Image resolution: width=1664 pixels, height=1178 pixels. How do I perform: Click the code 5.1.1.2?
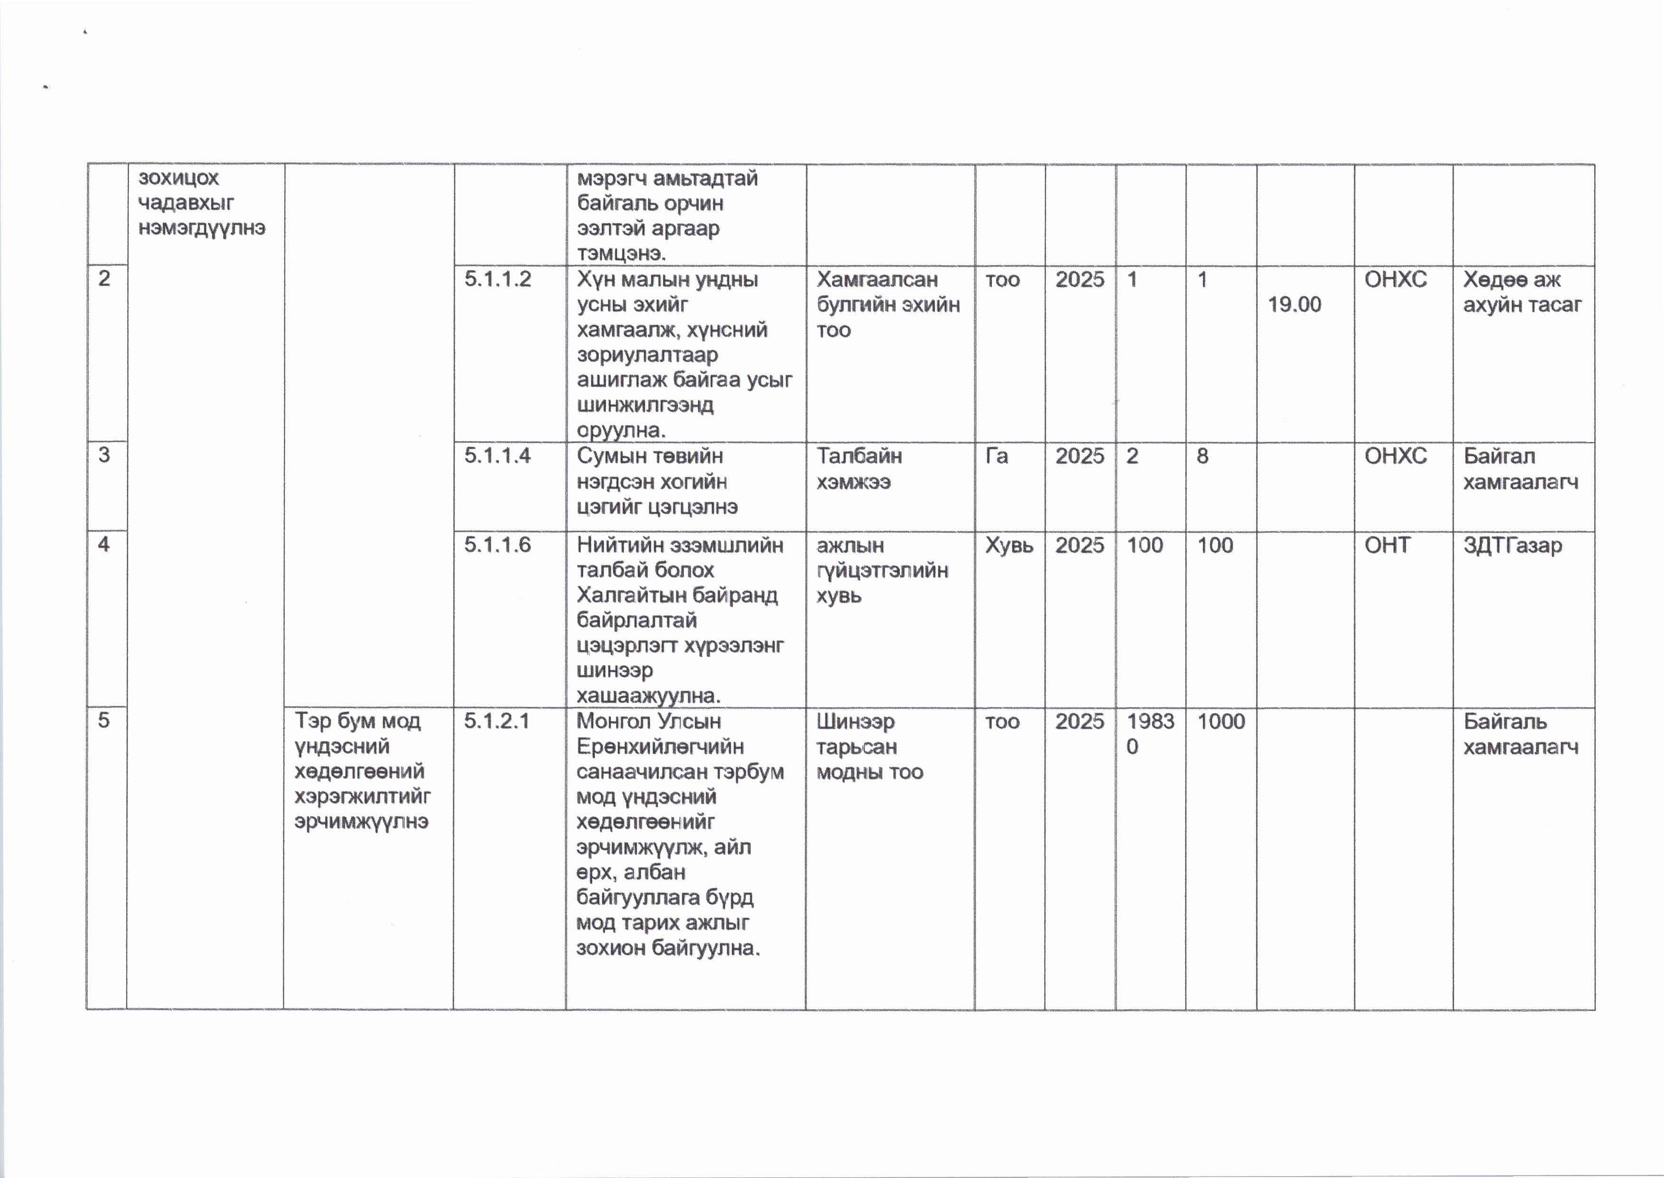tap(498, 279)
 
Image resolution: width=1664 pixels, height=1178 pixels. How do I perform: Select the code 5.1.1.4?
tap(498, 456)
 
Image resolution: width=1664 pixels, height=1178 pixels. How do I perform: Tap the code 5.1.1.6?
tap(498, 545)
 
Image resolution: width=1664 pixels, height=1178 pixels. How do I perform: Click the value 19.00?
tap(1294, 304)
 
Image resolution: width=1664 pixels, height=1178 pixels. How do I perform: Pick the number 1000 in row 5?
tap(1221, 721)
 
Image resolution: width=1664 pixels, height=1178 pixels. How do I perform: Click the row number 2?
tap(104, 278)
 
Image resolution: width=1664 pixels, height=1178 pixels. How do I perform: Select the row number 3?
tap(104, 455)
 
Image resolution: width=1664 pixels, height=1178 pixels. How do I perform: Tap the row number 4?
tap(104, 544)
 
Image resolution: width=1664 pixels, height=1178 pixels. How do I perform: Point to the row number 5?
tap(104, 720)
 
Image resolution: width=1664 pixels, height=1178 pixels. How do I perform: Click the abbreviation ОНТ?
tap(1387, 545)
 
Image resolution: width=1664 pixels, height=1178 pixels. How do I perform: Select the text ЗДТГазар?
tap(1513, 545)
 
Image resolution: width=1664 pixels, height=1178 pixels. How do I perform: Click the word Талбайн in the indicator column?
tap(859, 456)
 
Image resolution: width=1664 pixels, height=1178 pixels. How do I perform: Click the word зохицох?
tap(179, 178)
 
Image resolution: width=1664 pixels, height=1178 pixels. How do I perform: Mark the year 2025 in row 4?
tap(1080, 545)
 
